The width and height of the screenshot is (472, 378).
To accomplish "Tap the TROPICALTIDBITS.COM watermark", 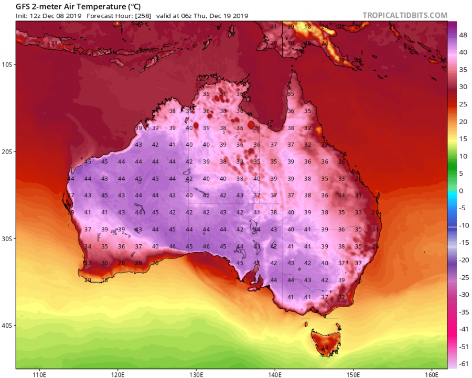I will coord(404,15).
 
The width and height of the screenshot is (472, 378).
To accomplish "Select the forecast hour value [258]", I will coord(143,16).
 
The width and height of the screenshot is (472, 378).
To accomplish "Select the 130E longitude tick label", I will coord(196,374).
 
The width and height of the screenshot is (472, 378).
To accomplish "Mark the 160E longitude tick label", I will coord(431,374).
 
